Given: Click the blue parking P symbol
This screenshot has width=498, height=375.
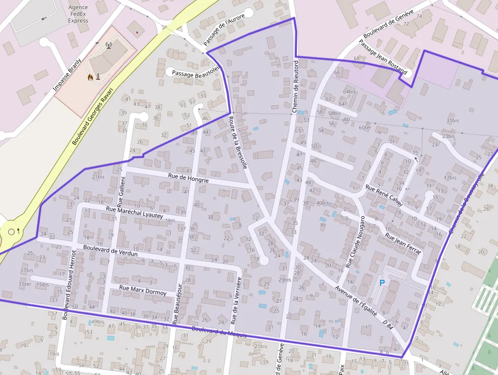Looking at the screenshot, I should click(x=382, y=282).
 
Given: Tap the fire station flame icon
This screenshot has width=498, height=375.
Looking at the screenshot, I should click(x=90, y=77).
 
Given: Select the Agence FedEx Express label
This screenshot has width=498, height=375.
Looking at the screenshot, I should click(x=78, y=14).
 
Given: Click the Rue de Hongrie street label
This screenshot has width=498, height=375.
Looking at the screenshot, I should click(x=188, y=179).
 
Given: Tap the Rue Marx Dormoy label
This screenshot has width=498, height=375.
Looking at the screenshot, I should click(x=142, y=290).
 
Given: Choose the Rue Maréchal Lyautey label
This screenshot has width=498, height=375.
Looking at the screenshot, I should click(x=134, y=212).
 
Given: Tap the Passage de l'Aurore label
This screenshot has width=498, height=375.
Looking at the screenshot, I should click(x=224, y=30).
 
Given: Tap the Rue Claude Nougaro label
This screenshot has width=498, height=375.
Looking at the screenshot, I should click(x=355, y=242).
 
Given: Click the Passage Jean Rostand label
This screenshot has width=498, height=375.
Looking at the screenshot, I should click(x=383, y=57).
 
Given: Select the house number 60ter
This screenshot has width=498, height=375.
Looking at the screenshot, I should click(x=364, y=128).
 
